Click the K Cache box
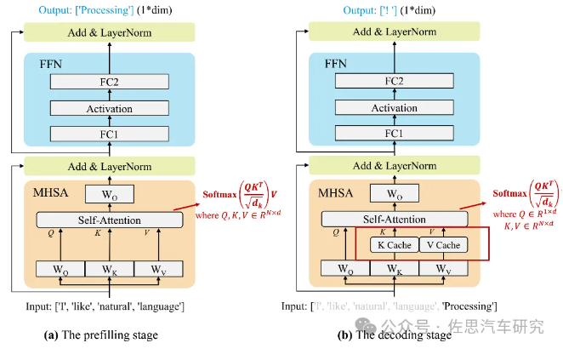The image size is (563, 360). (394, 245)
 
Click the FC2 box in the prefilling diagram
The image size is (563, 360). (109, 82)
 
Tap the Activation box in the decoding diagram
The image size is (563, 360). (395, 108)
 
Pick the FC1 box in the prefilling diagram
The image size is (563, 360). (109, 134)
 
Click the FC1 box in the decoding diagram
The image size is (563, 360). (395, 134)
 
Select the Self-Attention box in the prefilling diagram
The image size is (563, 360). (110, 220)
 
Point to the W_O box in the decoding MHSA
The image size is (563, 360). (395, 193)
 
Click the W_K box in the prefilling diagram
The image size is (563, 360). (109, 270)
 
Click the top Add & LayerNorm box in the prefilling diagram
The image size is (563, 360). (109, 32)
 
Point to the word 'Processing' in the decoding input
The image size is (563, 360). (467, 305)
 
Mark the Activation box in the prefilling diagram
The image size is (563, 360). (109, 108)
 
